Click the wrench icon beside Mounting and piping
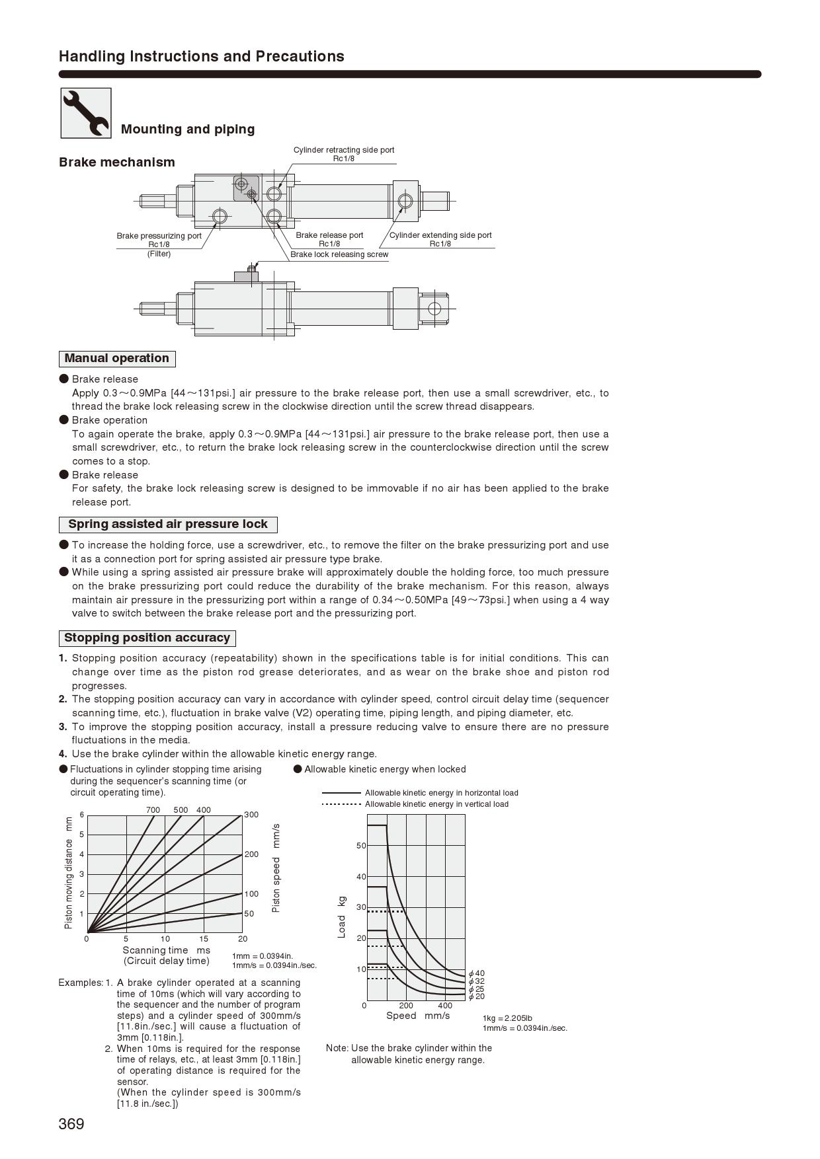pyautogui.click(x=86, y=113)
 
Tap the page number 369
pyautogui.click(x=71, y=1124)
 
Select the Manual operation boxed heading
pyautogui.click(x=117, y=359)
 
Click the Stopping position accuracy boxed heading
pyautogui.click(x=147, y=638)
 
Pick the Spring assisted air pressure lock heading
pyautogui.click(x=168, y=525)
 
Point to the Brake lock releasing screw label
pyautogui.click(x=339, y=254)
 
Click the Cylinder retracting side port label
pyautogui.click(x=344, y=150)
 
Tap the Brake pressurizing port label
pyautogui.click(x=159, y=236)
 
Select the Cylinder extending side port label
pyautogui.click(x=440, y=235)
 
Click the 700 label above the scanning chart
pyautogui.click(x=153, y=810)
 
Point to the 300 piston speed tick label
pyautogui.click(x=251, y=815)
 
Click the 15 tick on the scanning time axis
pyautogui.click(x=204, y=939)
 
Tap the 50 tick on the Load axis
pyautogui.click(x=361, y=846)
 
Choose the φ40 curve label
pyautogui.click(x=477, y=973)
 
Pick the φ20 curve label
pyautogui.click(x=477, y=996)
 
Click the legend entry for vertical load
pyautogui.click(x=436, y=804)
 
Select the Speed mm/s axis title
pyautogui.click(x=418, y=1016)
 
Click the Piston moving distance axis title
pyautogui.click(x=69, y=873)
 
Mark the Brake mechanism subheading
pyautogui.click(x=117, y=163)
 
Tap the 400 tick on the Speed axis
pyautogui.click(x=445, y=1006)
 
